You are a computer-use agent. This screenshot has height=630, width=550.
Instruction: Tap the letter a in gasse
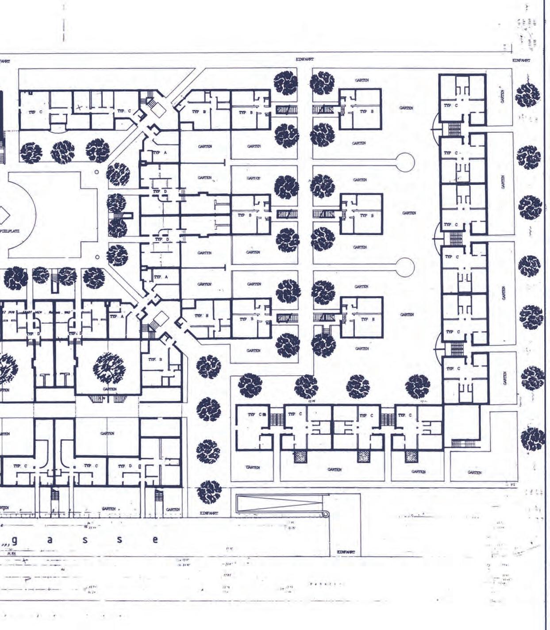click(x=50, y=540)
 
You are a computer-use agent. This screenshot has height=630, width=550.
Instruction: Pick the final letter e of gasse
click(x=155, y=540)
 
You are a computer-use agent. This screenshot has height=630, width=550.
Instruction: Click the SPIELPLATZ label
click(x=10, y=231)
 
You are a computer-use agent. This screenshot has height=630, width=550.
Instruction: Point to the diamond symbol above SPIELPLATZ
click(x=4, y=216)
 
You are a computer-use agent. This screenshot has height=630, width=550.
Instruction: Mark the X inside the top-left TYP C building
click(x=79, y=107)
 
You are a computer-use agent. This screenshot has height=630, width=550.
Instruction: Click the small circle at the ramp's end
click(x=327, y=514)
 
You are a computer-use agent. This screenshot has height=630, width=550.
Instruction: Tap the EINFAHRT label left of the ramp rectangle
click(x=209, y=513)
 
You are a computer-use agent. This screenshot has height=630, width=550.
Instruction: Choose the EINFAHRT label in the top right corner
click(x=521, y=60)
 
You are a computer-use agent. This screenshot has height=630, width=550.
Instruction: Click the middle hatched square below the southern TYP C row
click(x=364, y=457)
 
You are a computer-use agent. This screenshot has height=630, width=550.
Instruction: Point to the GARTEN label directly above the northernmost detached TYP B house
click(x=362, y=80)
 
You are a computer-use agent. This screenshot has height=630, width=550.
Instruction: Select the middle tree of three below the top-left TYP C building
click(x=63, y=152)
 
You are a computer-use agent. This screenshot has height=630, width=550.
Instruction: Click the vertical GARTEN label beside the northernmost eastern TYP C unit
click(x=502, y=96)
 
